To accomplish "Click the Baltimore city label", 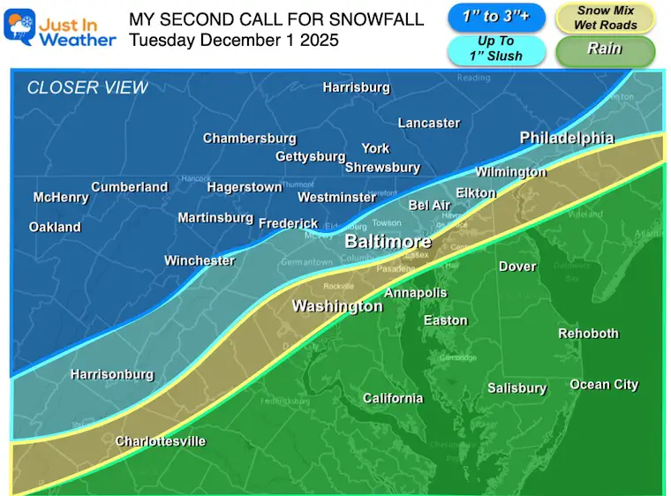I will (388, 242).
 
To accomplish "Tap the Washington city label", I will (337, 306).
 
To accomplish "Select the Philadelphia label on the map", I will (567, 138).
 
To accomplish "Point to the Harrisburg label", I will (356, 87).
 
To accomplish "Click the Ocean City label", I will (604, 385).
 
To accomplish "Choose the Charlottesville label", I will (161, 441).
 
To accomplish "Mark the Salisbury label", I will (516, 388).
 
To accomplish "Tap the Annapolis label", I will (415, 293).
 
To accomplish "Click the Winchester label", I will (200, 260).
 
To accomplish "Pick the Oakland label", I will (55, 227).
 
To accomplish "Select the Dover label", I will (517, 267).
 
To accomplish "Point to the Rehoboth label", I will (589, 334).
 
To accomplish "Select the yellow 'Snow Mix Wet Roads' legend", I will (605, 18).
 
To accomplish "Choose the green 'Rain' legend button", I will (605, 50).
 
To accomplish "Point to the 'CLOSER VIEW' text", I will (87, 87).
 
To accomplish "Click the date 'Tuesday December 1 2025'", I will (233, 40).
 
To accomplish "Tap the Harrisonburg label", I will (112, 375).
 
